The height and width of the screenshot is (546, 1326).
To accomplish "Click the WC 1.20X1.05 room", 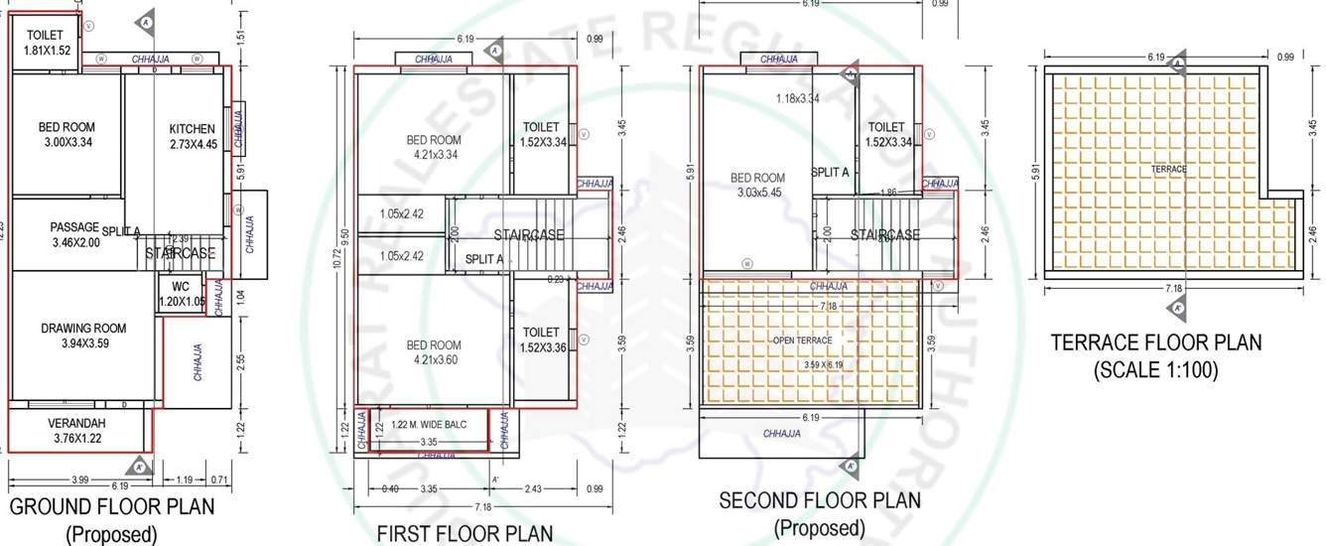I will point(181,294).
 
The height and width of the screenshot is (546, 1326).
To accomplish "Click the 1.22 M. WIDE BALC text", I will point(428,425).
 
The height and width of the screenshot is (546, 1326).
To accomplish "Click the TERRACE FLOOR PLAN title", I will point(1156,343).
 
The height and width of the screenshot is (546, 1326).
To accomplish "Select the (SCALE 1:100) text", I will point(1156,371).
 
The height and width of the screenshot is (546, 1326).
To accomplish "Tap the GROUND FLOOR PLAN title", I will point(111,507).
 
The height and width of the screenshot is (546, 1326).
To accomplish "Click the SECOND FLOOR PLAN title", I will point(820,500).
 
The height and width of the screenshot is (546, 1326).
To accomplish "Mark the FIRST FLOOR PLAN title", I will point(464,534).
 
